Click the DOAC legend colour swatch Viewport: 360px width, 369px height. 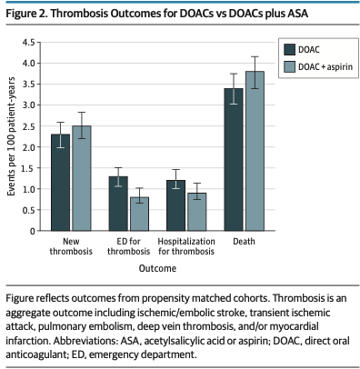click(289, 50)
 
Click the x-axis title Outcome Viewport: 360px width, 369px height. click(157, 269)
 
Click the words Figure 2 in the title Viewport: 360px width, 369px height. click(28, 12)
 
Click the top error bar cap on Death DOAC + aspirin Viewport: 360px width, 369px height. click(255, 56)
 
